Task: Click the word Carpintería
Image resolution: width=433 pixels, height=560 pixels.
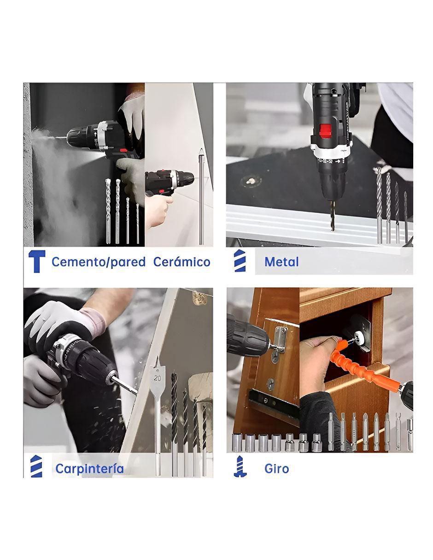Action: (89, 468)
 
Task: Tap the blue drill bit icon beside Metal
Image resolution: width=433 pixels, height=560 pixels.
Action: (240, 260)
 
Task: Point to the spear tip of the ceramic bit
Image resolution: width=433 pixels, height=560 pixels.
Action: (201, 151)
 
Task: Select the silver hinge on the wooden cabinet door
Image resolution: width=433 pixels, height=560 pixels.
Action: (280, 340)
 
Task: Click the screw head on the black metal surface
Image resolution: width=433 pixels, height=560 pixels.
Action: (249, 181)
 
